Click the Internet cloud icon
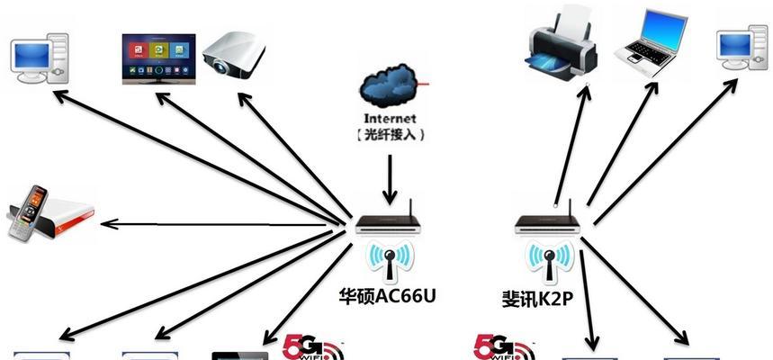pos(389,83)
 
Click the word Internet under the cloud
pos(390,118)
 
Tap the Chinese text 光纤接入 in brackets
pos(390,135)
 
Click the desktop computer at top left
pos(39,56)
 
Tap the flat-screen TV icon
pos(158,58)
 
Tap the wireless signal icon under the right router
pos(548,262)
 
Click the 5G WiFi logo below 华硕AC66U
pos(310,348)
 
